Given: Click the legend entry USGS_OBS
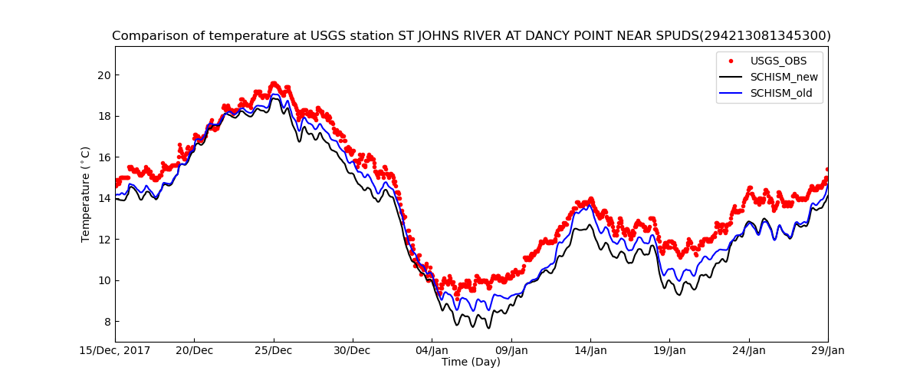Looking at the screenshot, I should tap(778, 61).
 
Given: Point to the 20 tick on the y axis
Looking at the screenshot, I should tap(103, 75).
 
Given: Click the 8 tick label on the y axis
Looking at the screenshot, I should tap(106, 321).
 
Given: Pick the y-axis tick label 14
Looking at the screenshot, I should tap(103, 198).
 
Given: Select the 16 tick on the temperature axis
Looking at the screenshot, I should tap(103, 157).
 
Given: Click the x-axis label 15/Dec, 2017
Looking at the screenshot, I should tap(116, 351).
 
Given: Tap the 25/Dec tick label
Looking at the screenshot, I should tap(273, 351).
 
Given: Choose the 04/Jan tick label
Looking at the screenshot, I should tap(432, 351).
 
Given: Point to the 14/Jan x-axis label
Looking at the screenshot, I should tap(590, 351).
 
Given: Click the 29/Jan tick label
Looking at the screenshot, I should tap(828, 351).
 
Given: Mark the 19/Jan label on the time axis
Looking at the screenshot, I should tap(669, 351).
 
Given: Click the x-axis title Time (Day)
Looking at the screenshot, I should tap(471, 362).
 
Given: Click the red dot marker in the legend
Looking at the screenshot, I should tap(731, 61).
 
